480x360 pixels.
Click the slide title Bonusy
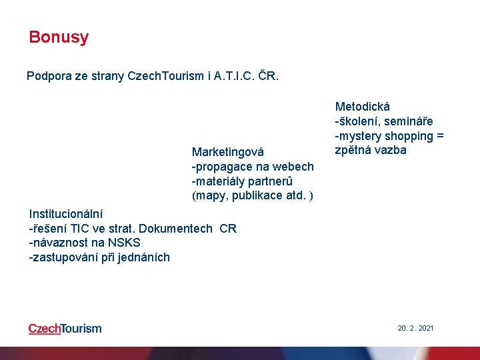(59, 37)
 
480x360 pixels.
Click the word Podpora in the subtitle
(48, 76)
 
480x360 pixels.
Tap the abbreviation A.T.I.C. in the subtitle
(235, 76)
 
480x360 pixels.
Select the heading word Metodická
(363, 107)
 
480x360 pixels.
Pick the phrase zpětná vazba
(371, 151)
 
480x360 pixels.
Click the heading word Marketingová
(228, 152)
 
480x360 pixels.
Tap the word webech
(295, 167)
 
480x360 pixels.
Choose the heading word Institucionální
(66, 214)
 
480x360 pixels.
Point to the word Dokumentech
(179, 229)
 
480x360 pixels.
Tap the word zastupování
(65, 258)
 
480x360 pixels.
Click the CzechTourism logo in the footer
(65, 328)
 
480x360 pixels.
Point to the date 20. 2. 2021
(415, 328)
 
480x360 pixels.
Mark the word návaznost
(61, 243)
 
